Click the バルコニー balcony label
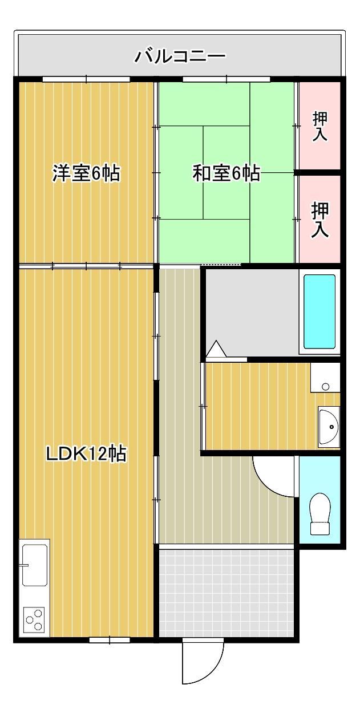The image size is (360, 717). point(180,56)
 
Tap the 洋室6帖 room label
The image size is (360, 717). point(86,173)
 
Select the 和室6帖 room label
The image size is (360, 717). point(226,173)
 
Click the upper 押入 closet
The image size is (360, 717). point(319,126)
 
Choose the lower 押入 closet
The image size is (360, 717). point(319,219)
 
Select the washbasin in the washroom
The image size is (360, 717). point(329,426)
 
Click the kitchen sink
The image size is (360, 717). point(34,565)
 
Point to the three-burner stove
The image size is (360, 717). point(34,619)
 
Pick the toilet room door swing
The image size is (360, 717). point(274,476)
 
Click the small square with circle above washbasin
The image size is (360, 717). point(325,386)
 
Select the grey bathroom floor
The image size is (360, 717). point(251,311)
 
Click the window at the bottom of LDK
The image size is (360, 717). point(110,640)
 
